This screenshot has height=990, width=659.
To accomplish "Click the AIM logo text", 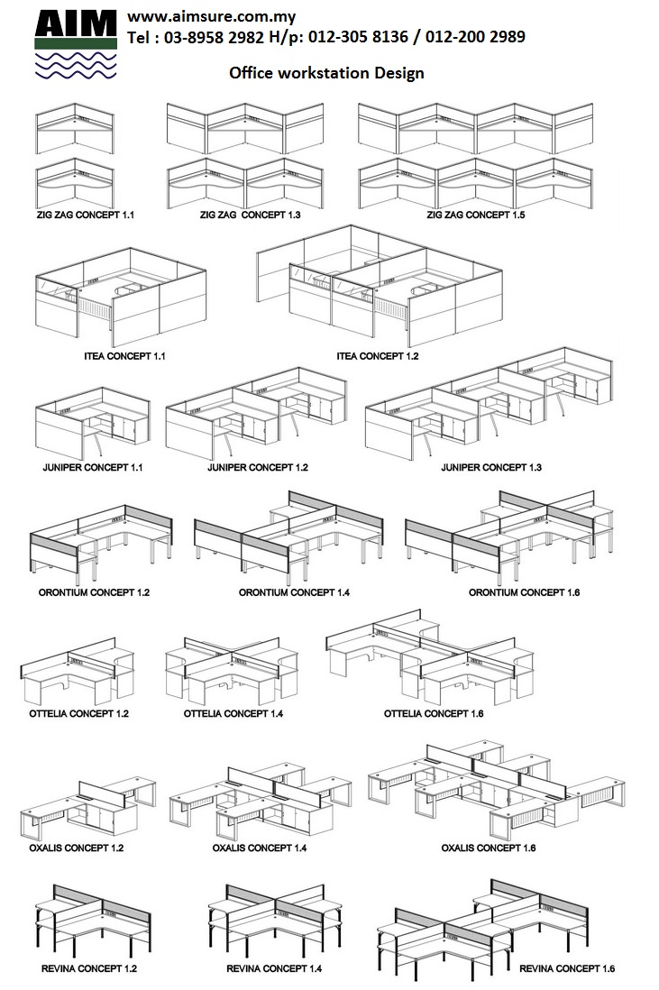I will point(76,23).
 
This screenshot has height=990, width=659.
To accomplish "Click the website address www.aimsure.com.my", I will point(212,17).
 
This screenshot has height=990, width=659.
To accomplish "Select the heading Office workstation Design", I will point(326,73).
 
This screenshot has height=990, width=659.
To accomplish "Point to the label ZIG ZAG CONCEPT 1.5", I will point(476,215).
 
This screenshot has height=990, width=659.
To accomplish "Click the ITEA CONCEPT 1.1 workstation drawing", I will point(120,293).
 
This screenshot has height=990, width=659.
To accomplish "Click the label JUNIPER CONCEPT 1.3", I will point(490,467).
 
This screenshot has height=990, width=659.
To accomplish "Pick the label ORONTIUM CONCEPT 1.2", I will point(95,592).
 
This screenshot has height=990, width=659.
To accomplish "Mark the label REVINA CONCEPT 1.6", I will point(567,968).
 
